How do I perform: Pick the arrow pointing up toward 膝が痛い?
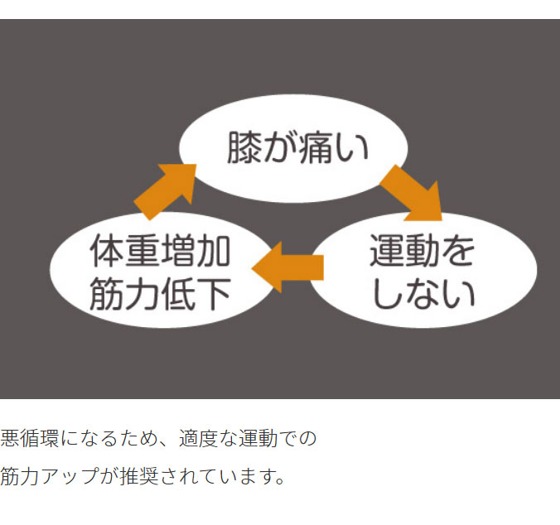[x=166, y=190]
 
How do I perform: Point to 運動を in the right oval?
[x=423, y=250]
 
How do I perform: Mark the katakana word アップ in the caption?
[x=70, y=478]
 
